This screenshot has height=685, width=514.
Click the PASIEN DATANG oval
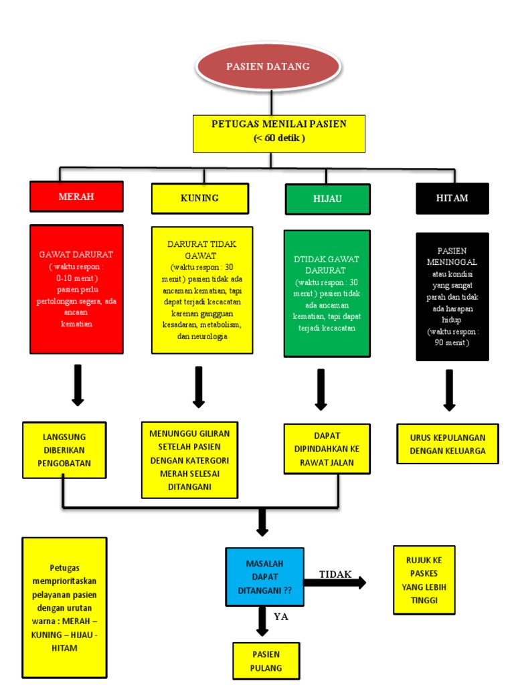(x=268, y=67)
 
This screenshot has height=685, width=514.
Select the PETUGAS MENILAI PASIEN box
(x=279, y=133)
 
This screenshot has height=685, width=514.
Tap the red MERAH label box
(x=76, y=196)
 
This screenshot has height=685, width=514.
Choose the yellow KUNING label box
(x=199, y=198)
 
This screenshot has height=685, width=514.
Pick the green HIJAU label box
(x=327, y=199)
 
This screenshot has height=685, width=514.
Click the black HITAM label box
(x=452, y=198)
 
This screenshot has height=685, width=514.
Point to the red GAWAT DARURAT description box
(x=76, y=289)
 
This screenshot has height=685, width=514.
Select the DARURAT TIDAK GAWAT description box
(x=202, y=290)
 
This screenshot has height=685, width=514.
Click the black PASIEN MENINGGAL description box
(x=452, y=296)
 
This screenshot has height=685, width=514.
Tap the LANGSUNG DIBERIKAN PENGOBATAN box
(x=64, y=450)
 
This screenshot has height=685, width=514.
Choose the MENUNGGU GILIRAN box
(x=189, y=460)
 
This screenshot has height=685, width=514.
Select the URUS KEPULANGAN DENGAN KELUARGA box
(x=448, y=444)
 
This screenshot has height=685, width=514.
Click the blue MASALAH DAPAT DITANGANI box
(x=264, y=577)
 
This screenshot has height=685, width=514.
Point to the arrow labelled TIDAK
(x=335, y=583)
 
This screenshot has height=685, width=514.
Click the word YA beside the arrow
(x=281, y=617)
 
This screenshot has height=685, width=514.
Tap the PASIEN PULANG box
(x=266, y=660)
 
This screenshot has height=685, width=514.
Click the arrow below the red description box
(x=78, y=385)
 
